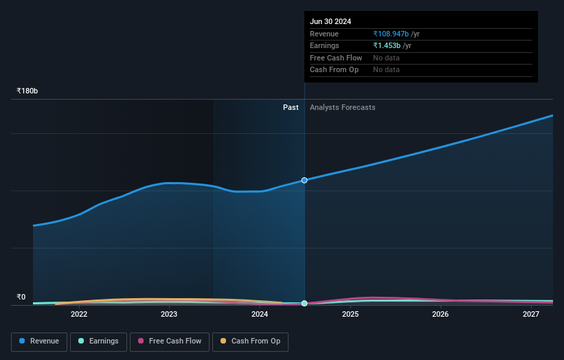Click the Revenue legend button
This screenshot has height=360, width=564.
(39, 341)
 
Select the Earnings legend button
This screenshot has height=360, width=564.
(98, 341)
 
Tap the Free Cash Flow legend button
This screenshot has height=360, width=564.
(170, 341)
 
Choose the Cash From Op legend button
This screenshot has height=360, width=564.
(251, 341)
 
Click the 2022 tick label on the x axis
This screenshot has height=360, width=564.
(79, 315)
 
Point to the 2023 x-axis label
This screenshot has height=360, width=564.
(169, 315)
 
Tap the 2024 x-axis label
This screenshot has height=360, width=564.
(260, 315)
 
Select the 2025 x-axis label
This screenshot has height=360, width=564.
(350, 315)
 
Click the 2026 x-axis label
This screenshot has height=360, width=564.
(440, 315)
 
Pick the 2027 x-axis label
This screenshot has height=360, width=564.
(531, 315)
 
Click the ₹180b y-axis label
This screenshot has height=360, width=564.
(27, 91)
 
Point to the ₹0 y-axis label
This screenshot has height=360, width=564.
(21, 297)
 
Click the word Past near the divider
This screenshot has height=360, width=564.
(291, 107)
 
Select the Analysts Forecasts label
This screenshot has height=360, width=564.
(342, 107)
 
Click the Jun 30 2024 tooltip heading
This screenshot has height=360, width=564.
(330, 21)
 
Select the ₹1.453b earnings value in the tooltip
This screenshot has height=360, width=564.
(387, 45)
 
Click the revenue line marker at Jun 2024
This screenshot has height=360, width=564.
(304, 180)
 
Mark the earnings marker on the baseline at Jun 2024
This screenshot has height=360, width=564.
(304, 303)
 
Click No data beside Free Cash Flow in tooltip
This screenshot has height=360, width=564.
(386, 58)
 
